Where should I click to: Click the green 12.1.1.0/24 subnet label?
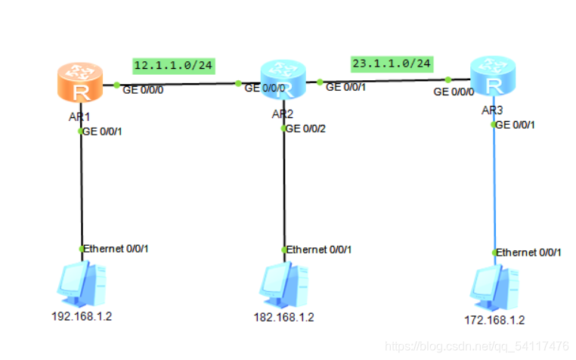pyautogui.click(x=173, y=66)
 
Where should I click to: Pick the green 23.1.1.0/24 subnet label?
pyautogui.click(x=391, y=64)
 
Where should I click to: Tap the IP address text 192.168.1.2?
pyautogui.click(x=81, y=316)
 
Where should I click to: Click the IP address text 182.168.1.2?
pyautogui.click(x=283, y=317)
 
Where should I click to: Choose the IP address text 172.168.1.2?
pyautogui.click(x=494, y=320)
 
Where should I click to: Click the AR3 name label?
pyautogui.click(x=491, y=110)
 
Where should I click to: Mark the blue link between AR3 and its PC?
pyautogui.click(x=494, y=189)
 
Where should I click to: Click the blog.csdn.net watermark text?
pyautogui.click(x=476, y=346)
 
